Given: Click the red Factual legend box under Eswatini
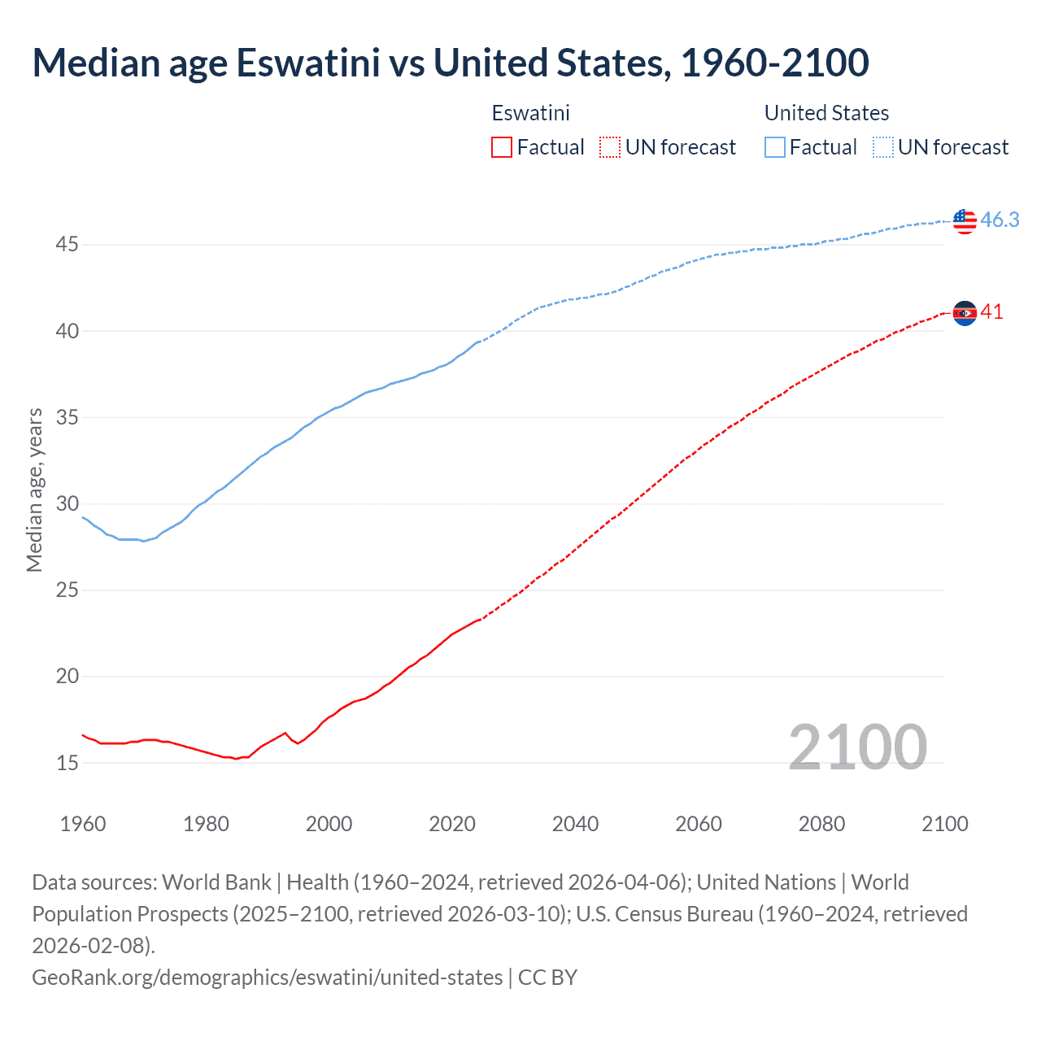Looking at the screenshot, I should tap(502, 147).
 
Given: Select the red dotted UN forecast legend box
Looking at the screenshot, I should tap(610, 147).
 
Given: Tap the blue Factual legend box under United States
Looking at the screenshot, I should tap(775, 147).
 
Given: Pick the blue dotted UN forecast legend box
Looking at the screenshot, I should tap(883, 147).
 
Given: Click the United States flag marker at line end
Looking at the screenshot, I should tap(965, 220).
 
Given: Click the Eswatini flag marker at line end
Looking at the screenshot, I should tap(965, 313).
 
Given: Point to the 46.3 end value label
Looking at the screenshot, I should tap(1000, 220).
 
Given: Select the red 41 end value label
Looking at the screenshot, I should tap(991, 312).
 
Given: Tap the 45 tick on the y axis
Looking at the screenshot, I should tap(67, 244).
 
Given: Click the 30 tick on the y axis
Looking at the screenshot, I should tap(67, 503).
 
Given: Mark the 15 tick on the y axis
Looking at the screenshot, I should tap(67, 763).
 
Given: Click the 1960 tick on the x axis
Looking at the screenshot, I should tap(83, 824).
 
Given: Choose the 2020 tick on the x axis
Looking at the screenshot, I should tap(452, 824).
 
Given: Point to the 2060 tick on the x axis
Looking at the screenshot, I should tap(699, 824).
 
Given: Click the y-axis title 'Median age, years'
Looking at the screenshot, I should tap(34, 490).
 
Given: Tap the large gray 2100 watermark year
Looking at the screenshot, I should tap(857, 747).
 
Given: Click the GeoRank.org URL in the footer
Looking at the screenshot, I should tap(267, 977).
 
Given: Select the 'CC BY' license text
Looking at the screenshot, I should tap(547, 977).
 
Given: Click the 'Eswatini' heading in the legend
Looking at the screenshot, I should tap(530, 113).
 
